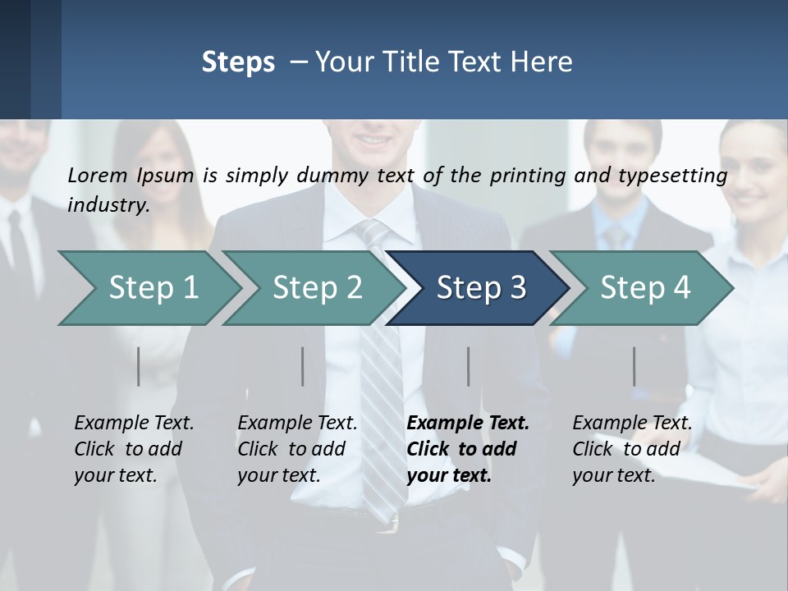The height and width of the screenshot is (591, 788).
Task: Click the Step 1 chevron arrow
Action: (x=153, y=288)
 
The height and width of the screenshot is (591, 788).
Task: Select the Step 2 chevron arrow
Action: (x=317, y=288)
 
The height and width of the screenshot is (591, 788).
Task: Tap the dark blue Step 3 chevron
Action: (x=481, y=288)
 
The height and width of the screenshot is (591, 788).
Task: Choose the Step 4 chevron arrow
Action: (x=645, y=288)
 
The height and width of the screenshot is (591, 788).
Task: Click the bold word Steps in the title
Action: (x=238, y=62)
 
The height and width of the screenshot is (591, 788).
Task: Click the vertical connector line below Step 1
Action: (x=139, y=366)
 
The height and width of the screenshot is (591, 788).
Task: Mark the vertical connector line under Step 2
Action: (x=303, y=366)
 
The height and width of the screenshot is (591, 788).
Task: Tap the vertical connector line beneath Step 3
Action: (x=469, y=366)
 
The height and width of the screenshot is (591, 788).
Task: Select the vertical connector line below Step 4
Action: (x=634, y=366)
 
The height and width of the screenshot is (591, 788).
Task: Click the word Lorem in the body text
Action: (x=97, y=175)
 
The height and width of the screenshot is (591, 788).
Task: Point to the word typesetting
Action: (x=677, y=176)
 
